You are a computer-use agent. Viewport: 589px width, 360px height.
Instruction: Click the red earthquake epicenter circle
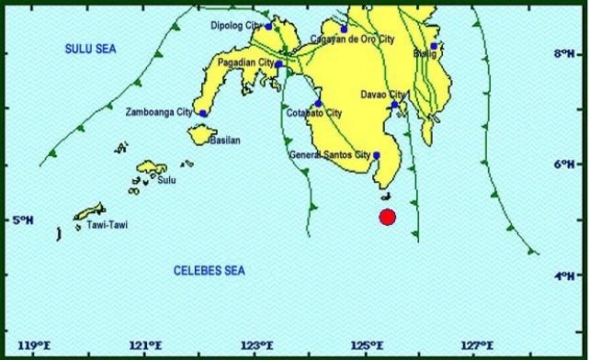coord(387,218)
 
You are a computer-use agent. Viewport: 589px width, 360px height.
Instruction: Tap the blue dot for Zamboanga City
coord(203,113)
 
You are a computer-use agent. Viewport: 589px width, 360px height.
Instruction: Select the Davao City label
coord(382,95)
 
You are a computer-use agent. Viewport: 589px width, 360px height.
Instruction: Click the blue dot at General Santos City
coord(377,155)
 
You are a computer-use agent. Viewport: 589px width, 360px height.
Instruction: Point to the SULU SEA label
coord(86,47)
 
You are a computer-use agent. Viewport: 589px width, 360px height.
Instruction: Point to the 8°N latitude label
coord(563,54)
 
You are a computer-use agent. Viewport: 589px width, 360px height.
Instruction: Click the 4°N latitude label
coord(563,276)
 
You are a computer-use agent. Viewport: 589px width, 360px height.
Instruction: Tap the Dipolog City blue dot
coord(268,27)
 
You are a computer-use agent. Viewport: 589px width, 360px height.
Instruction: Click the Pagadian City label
coord(245,62)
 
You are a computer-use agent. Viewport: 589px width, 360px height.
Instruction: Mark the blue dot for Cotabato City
coord(319,104)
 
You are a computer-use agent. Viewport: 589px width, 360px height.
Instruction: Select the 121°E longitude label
coord(145,346)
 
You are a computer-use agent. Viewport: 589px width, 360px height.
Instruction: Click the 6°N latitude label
coord(563,164)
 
